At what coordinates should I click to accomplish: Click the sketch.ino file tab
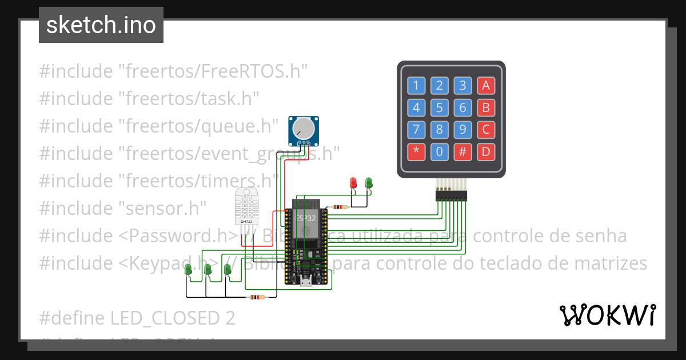(101, 25)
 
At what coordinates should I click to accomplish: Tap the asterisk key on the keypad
(416, 151)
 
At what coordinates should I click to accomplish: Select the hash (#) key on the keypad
(462, 151)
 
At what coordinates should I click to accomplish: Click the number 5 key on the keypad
(439, 107)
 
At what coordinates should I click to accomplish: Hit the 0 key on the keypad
(439, 151)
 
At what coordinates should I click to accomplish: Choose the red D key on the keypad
(486, 151)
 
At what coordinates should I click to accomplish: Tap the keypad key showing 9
(462, 130)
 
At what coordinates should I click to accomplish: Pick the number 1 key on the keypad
(416, 86)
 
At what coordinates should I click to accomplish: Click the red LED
(353, 183)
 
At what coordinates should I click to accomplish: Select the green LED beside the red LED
(369, 183)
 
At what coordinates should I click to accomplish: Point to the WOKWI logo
(607, 315)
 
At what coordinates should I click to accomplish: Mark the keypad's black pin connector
(451, 196)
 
